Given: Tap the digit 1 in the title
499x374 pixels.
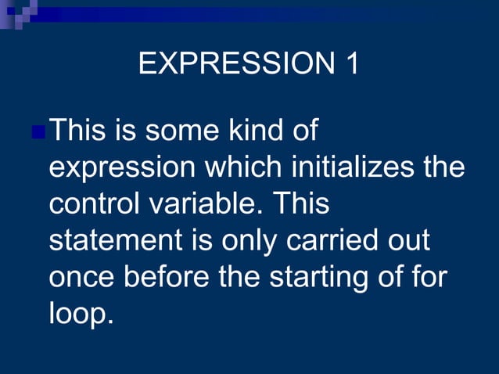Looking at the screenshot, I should point(350,64).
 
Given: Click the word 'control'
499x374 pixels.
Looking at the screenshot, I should point(94,203).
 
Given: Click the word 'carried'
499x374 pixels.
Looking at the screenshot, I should point(331,241).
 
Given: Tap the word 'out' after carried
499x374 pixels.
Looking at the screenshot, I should point(407,241).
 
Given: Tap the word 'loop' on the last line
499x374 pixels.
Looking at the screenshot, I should point(77,315).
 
